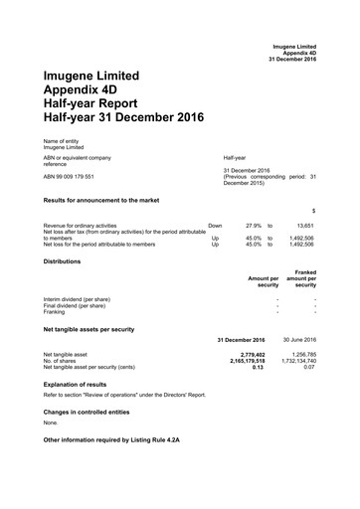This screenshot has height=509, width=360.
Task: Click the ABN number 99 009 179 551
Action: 69,176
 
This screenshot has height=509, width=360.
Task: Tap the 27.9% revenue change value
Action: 254,226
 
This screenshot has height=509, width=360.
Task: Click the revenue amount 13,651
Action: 301,226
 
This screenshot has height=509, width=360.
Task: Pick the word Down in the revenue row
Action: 215,226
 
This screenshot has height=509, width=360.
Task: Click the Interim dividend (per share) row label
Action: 77,298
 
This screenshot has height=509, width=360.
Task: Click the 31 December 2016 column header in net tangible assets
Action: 240,340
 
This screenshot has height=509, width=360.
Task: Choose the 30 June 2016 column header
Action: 294,340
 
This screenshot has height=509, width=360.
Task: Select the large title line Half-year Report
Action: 97,101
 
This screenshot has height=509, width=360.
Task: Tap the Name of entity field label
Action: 64,140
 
